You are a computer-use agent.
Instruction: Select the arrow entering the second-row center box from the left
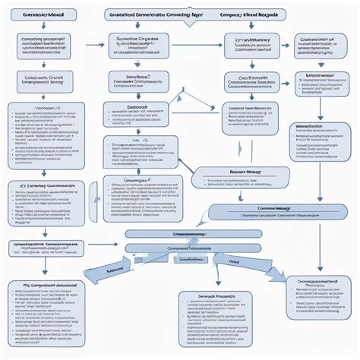95,45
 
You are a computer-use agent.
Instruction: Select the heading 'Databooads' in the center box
137,107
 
